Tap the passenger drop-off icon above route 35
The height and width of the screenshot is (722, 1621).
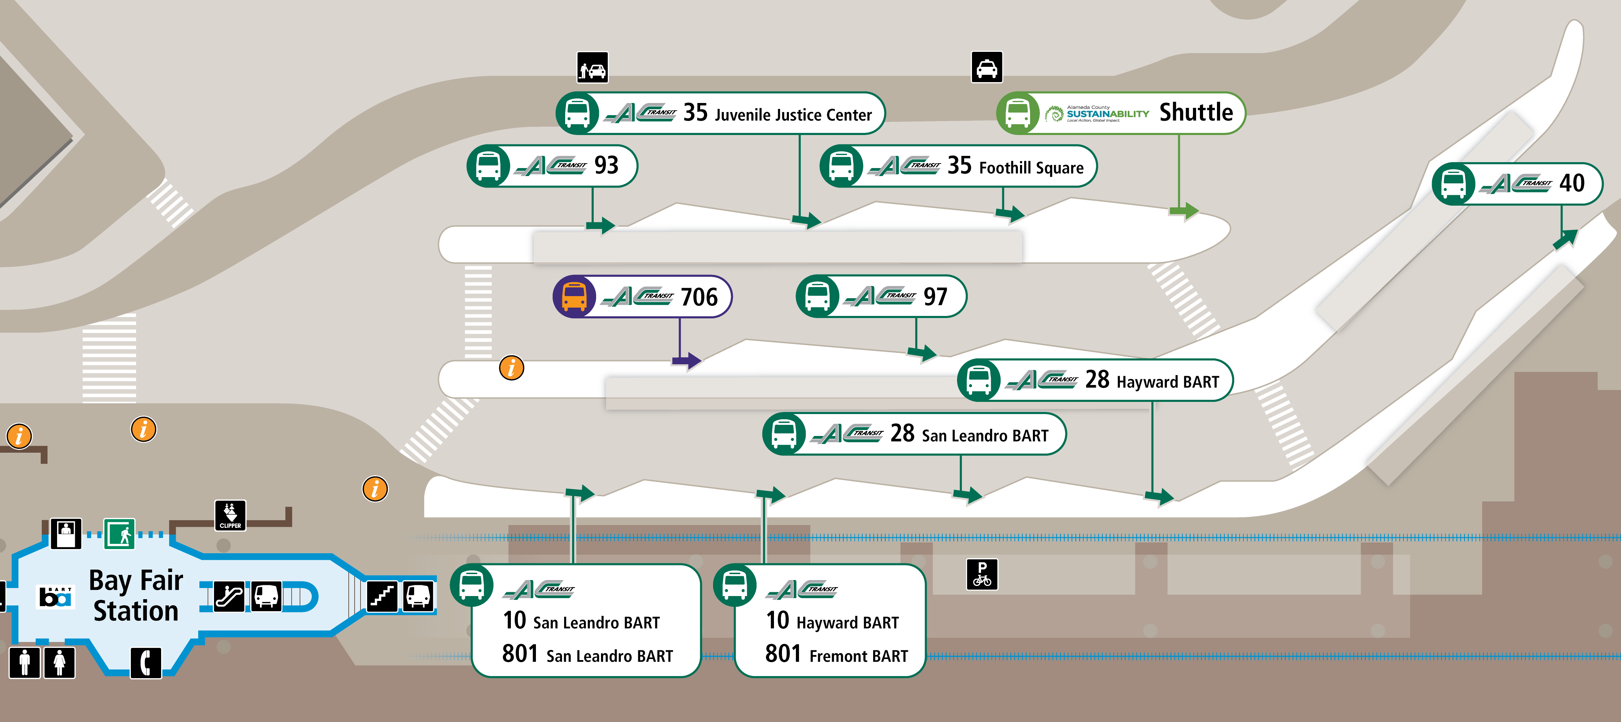point(592,67)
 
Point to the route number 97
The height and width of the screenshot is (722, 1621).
point(935,296)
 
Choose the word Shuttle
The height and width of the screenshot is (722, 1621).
point(1196,113)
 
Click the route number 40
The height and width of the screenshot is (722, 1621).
point(1571,183)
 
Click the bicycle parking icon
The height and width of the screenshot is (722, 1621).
point(982,574)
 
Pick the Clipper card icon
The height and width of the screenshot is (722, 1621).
point(230,515)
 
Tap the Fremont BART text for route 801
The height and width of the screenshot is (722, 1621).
point(858,656)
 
